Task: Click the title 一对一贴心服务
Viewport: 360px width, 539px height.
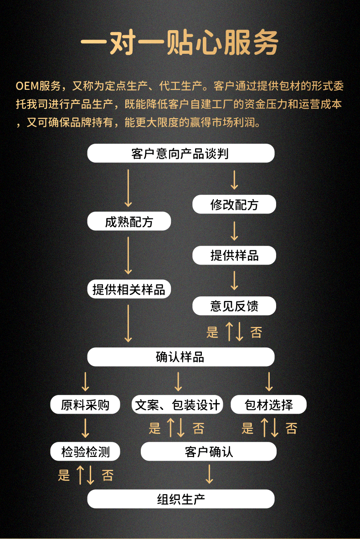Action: tap(180, 44)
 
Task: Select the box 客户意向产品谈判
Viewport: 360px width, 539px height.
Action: tap(180, 153)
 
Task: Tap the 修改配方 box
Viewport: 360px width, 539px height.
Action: tap(234, 204)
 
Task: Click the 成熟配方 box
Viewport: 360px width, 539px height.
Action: tap(129, 222)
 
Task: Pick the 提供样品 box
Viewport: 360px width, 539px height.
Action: tap(234, 255)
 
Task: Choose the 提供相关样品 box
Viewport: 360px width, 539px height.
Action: tap(129, 289)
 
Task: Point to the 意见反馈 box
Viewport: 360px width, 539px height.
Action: tap(234, 306)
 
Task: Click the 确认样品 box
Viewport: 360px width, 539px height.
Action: tap(180, 357)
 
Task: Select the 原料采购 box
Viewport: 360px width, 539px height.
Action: tap(85, 404)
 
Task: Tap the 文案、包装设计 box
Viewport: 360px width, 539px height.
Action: tap(177, 404)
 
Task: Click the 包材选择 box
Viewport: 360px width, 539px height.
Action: tap(268, 404)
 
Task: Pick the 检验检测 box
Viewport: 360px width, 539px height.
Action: tap(85, 451)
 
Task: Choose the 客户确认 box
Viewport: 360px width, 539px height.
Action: tap(209, 451)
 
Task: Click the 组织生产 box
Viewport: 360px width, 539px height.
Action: tap(180, 499)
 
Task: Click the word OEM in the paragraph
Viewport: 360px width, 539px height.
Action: tap(27, 86)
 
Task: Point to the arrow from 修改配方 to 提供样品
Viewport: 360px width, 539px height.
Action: tap(234, 230)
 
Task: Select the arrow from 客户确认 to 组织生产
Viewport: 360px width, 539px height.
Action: tap(209, 474)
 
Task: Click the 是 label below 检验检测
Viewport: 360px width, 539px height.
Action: tap(64, 475)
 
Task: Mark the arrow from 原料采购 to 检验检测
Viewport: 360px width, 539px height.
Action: tap(85, 428)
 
